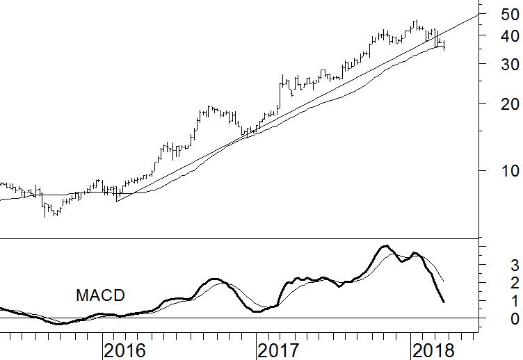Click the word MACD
tap(100, 295)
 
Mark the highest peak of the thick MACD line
tap(385, 246)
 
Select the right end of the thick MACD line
tap(444, 302)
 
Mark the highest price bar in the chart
tap(415, 24)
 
